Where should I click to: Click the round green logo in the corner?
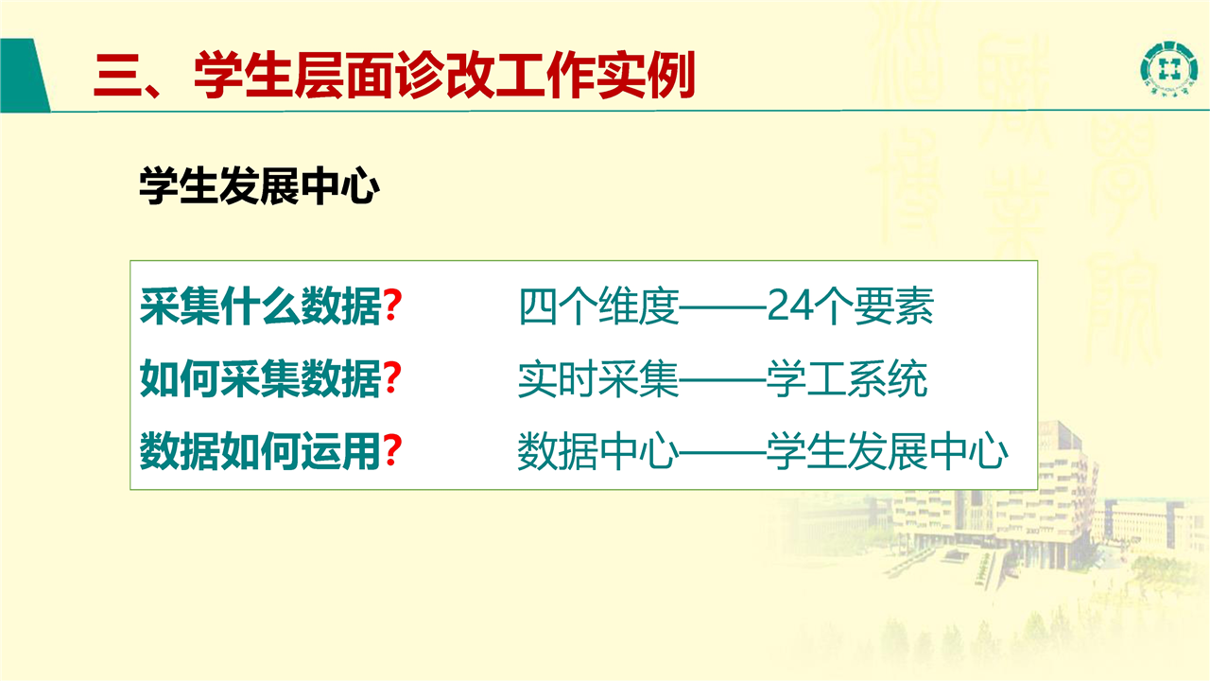pyautogui.click(x=1167, y=69)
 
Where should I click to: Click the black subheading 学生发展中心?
pyautogui.click(x=259, y=186)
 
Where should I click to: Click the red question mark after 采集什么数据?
pyautogui.click(x=392, y=306)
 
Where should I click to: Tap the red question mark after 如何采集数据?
pyautogui.click(x=392, y=378)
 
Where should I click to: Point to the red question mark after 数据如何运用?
pyautogui.click(x=392, y=451)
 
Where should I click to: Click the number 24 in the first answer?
pyautogui.click(x=789, y=306)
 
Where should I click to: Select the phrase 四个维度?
pyautogui.click(x=598, y=306)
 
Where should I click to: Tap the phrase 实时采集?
pyautogui.click(x=598, y=379)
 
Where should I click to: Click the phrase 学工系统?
pyautogui.click(x=846, y=379)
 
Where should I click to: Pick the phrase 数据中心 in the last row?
pyautogui.click(x=598, y=451)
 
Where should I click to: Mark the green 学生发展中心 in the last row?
pyautogui.click(x=887, y=451)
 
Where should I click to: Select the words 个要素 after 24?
pyautogui.click(x=873, y=306)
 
